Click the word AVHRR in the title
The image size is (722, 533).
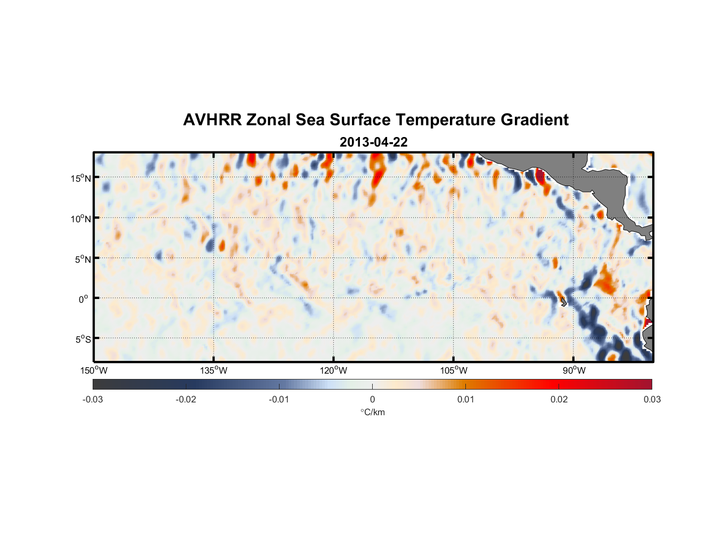(x=212, y=120)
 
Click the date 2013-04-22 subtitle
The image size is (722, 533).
(x=373, y=142)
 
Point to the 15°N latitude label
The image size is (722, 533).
(x=81, y=178)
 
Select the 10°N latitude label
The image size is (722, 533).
(x=81, y=219)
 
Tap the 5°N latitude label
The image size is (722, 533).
(x=83, y=259)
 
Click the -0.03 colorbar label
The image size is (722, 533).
(x=93, y=399)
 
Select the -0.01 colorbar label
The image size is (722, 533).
(x=278, y=399)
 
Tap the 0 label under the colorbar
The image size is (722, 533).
(x=372, y=399)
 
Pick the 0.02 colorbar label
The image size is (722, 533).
(x=559, y=399)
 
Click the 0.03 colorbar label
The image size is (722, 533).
(x=652, y=399)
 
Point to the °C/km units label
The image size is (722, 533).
(x=372, y=412)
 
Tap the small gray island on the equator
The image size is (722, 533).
(x=563, y=302)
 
